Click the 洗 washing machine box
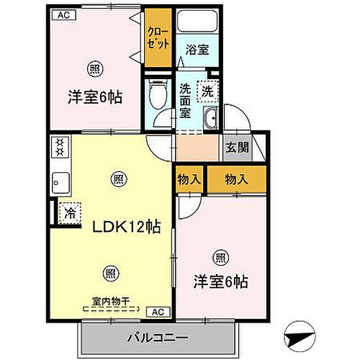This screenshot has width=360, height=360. pyautogui.click(x=207, y=92)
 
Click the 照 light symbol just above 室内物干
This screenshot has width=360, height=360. pyautogui.click(x=109, y=273)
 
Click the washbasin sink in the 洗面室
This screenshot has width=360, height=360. pyautogui.click(x=210, y=120)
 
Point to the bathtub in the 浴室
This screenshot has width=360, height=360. pyautogui.click(x=196, y=25)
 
